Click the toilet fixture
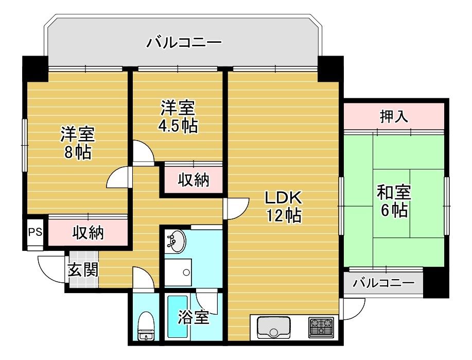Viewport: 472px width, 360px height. click(x=146, y=326)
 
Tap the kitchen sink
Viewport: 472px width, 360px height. click(x=274, y=327)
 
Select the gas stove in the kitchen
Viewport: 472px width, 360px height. click(x=321, y=327)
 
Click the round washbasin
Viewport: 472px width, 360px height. click(x=175, y=242)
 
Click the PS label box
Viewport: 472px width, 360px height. click(x=35, y=232)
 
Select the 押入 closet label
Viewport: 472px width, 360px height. click(x=394, y=116)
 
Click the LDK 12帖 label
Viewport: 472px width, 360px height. click(x=283, y=207)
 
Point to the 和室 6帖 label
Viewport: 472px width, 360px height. click(x=394, y=201)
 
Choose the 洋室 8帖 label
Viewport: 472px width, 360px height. click(x=78, y=143)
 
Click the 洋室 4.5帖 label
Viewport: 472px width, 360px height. click(x=178, y=116)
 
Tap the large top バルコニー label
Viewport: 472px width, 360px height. click(x=184, y=42)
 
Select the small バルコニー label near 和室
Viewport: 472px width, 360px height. click(x=383, y=283)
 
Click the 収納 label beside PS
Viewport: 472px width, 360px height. click(x=88, y=233)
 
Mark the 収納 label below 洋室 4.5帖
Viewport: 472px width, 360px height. click(x=193, y=180)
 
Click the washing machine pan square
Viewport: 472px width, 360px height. click(x=178, y=272)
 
